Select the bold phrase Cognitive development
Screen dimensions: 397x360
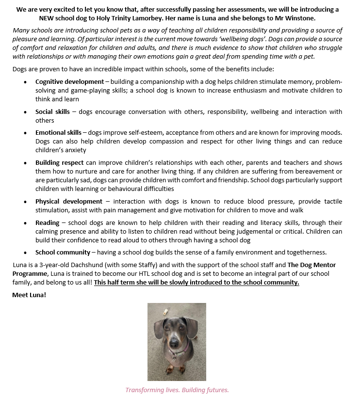(x=69, y=82)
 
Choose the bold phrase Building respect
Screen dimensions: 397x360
(x=59, y=162)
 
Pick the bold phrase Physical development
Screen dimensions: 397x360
(x=68, y=201)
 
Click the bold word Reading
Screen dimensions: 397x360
(x=47, y=222)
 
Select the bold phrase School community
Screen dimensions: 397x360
(x=63, y=252)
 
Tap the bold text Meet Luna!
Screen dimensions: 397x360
(x=29, y=294)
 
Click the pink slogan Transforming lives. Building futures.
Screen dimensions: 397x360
(x=177, y=390)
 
